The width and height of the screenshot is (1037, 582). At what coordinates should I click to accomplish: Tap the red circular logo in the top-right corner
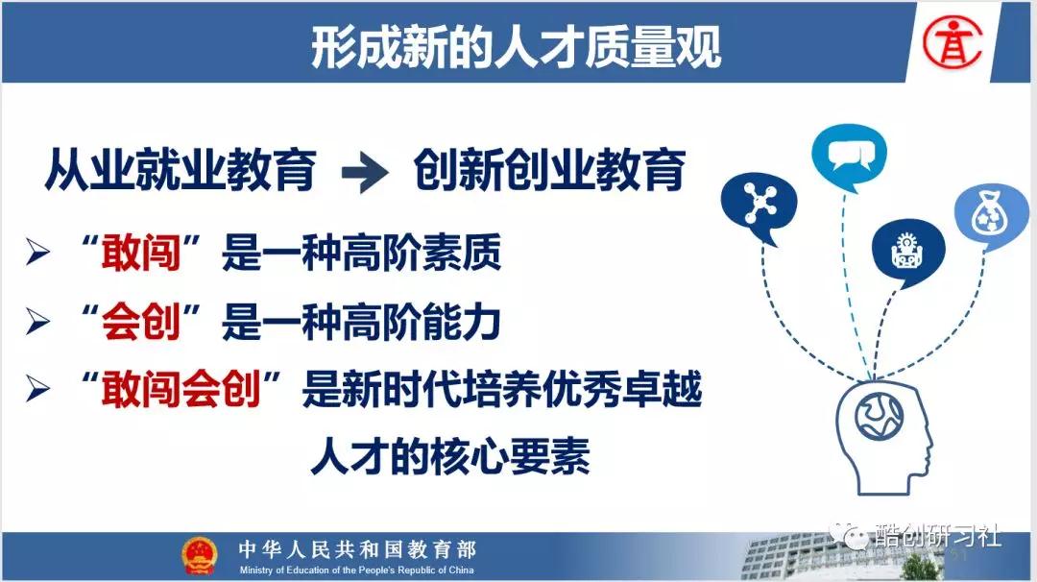[x=953, y=42]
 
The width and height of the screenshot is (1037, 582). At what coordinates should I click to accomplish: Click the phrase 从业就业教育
[x=180, y=170]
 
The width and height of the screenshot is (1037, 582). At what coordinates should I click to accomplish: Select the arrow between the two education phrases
[x=365, y=173]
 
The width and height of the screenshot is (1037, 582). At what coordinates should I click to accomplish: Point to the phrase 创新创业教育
[x=549, y=170]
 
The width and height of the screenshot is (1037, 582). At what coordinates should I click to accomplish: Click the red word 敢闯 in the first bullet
[x=141, y=253]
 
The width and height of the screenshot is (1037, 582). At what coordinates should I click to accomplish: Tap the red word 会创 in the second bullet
[x=141, y=322]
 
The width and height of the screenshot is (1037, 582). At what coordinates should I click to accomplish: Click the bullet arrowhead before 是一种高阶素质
[x=37, y=253]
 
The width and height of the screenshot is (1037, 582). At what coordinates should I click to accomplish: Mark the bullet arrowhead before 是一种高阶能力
[x=37, y=322]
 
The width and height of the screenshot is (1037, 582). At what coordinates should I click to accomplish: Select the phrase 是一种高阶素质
[x=361, y=253]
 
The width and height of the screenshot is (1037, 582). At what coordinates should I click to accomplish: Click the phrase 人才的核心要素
[x=450, y=456]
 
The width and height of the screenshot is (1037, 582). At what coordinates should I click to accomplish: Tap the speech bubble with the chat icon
[x=849, y=157]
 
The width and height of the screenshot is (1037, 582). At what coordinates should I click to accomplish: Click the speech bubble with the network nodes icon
[x=759, y=206]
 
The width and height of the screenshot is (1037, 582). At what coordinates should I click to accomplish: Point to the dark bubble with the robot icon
[x=907, y=252]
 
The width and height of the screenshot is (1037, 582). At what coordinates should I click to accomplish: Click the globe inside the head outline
[x=879, y=417]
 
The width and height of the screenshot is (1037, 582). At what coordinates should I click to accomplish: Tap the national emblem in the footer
[x=200, y=555]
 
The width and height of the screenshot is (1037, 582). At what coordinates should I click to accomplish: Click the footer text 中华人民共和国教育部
[x=357, y=549]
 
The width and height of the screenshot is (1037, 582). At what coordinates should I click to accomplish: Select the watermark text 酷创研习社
[x=937, y=534]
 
